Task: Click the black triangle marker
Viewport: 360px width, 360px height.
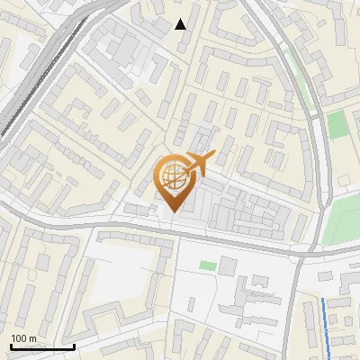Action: click(x=181, y=24)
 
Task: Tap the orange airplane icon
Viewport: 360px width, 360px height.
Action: click(x=197, y=164)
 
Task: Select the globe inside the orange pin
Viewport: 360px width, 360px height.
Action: click(x=169, y=176)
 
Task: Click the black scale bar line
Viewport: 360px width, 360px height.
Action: click(x=41, y=347)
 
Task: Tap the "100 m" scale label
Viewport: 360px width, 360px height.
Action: click(x=23, y=338)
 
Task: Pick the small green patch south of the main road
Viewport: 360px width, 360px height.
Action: click(x=207, y=265)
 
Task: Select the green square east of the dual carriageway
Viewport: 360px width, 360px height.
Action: click(x=337, y=125)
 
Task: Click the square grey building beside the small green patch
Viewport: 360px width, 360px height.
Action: click(x=227, y=265)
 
